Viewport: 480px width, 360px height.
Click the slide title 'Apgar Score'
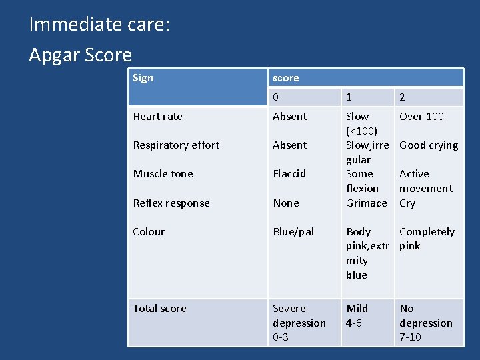[x=81, y=55]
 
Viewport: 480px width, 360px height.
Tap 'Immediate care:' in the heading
[x=99, y=25]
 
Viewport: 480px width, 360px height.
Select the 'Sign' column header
[x=143, y=78]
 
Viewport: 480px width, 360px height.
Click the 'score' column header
[x=286, y=78]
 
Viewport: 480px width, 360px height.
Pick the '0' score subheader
[x=276, y=97]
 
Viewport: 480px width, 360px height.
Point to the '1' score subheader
[x=349, y=97]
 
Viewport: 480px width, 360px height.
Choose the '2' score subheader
[x=402, y=97]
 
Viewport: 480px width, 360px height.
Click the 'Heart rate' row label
[x=158, y=117]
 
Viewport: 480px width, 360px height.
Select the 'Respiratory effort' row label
[x=176, y=145]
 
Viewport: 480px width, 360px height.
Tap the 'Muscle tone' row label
[x=163, y=174]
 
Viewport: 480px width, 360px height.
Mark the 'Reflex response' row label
[x=171, y=203]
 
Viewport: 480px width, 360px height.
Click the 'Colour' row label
[x=149, y=232]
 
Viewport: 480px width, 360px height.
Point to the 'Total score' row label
[x=160, y=309]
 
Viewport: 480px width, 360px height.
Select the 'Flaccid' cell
[x=289, y=174]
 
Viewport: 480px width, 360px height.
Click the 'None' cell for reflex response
[x=286, y=203]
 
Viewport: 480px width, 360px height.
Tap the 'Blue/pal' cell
[x=293, y=232]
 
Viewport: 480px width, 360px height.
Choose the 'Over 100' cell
[x=421, y=117]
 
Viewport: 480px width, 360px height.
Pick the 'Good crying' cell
[x=429, y=145]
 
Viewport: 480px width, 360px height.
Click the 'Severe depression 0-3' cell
[x=299, y=323]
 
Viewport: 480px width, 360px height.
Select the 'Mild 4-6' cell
[x=357, y=315]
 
